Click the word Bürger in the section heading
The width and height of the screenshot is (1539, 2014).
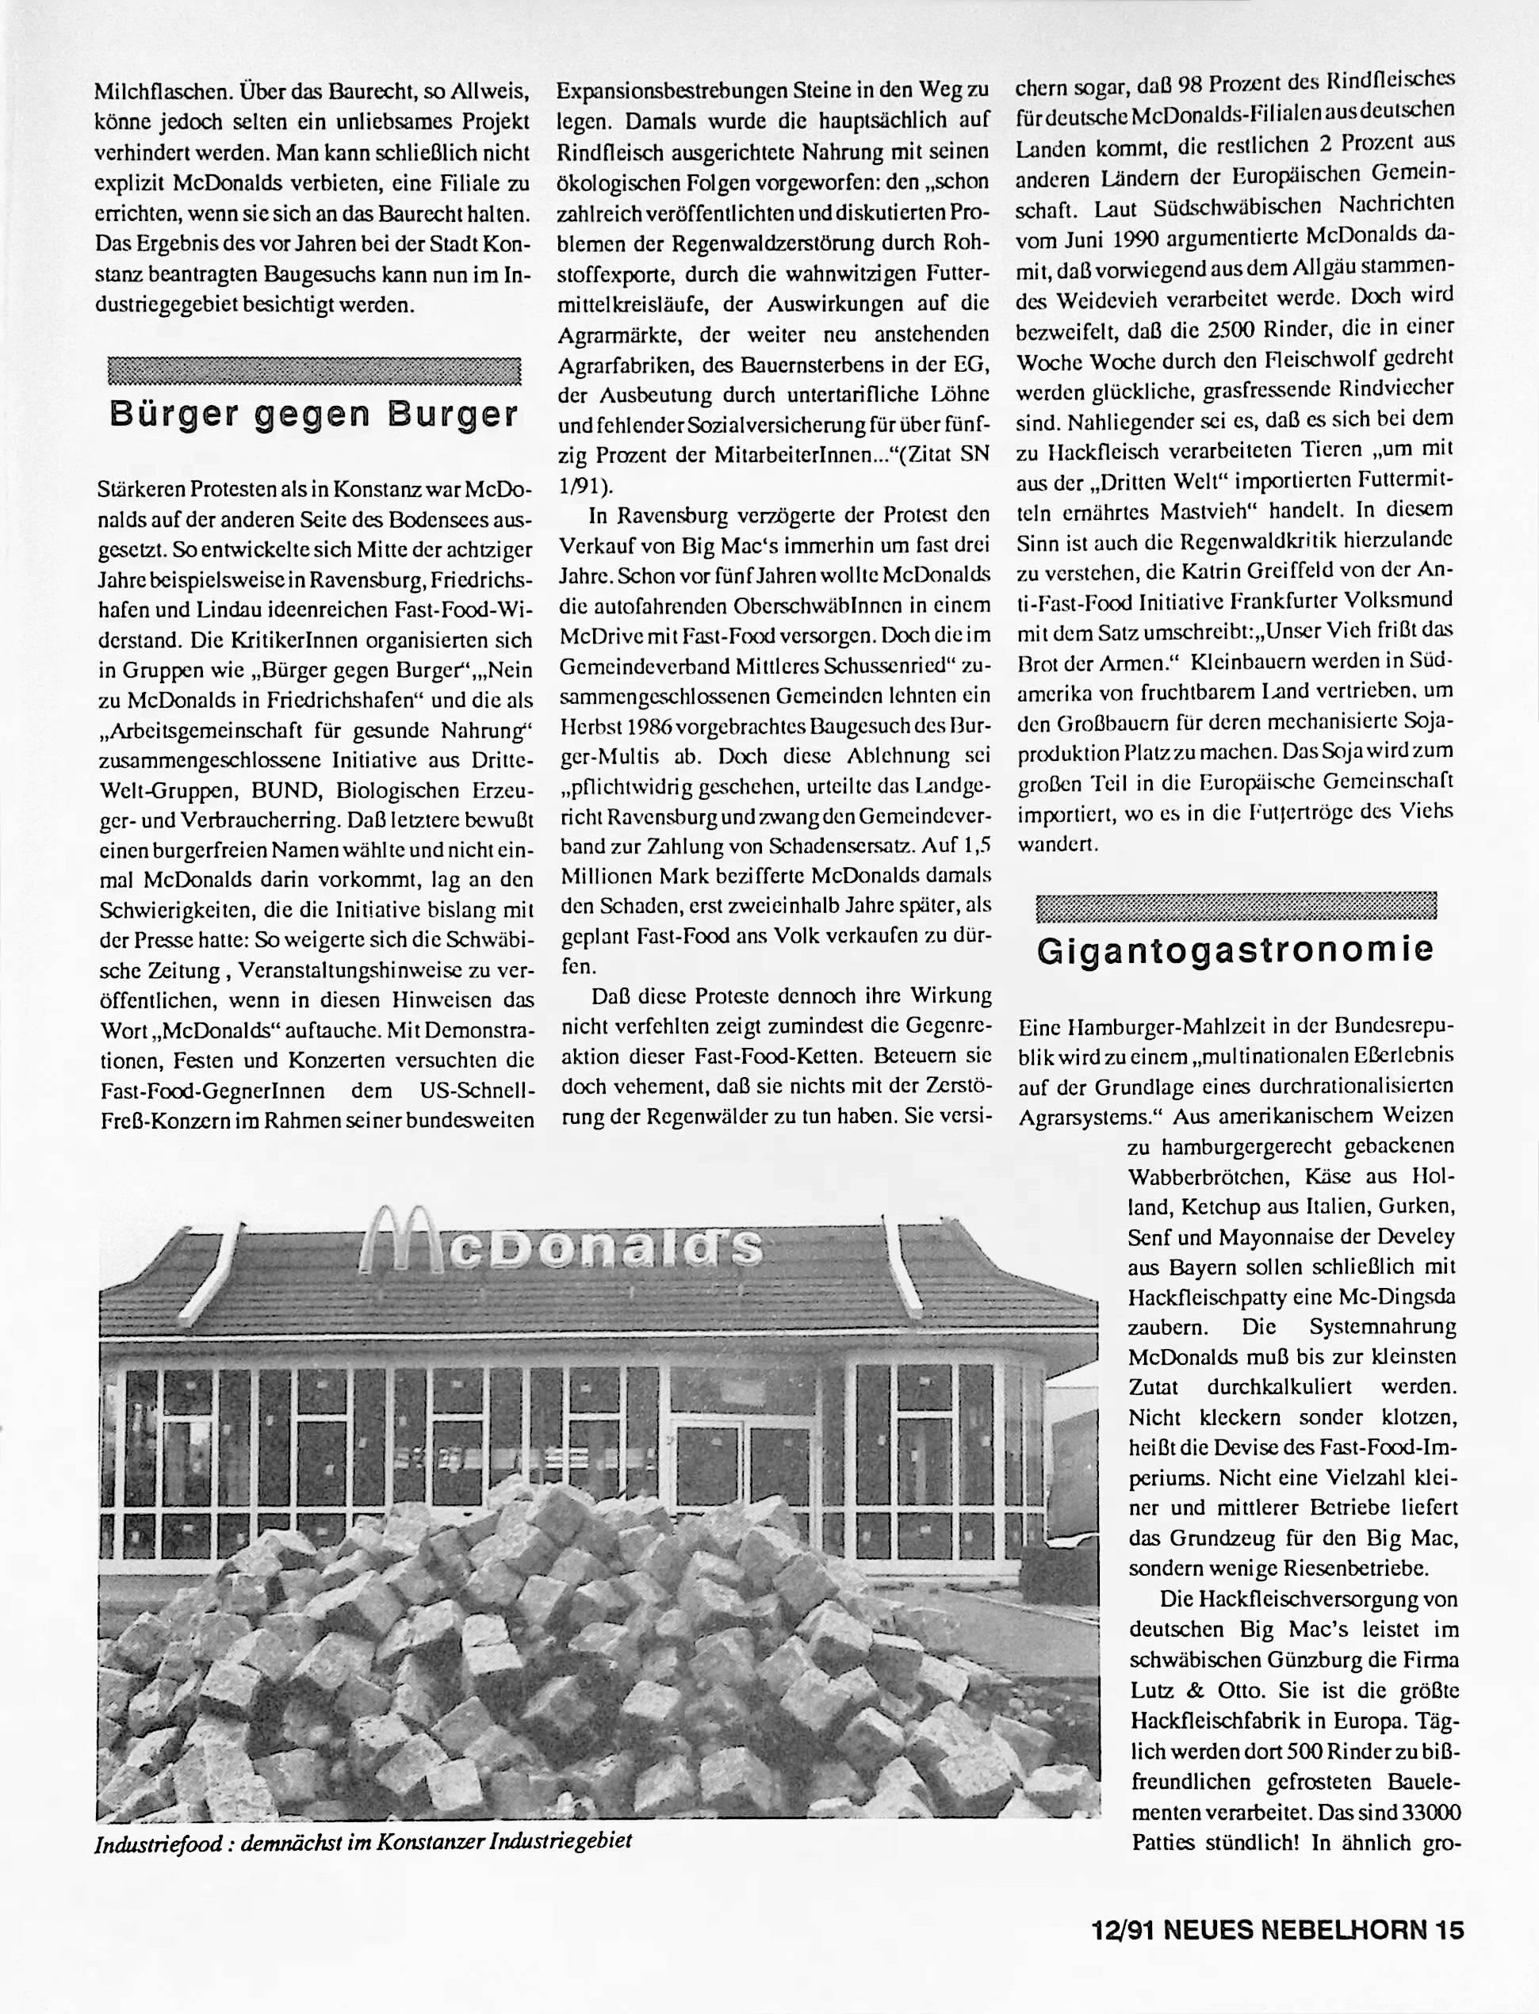(173, 414)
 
